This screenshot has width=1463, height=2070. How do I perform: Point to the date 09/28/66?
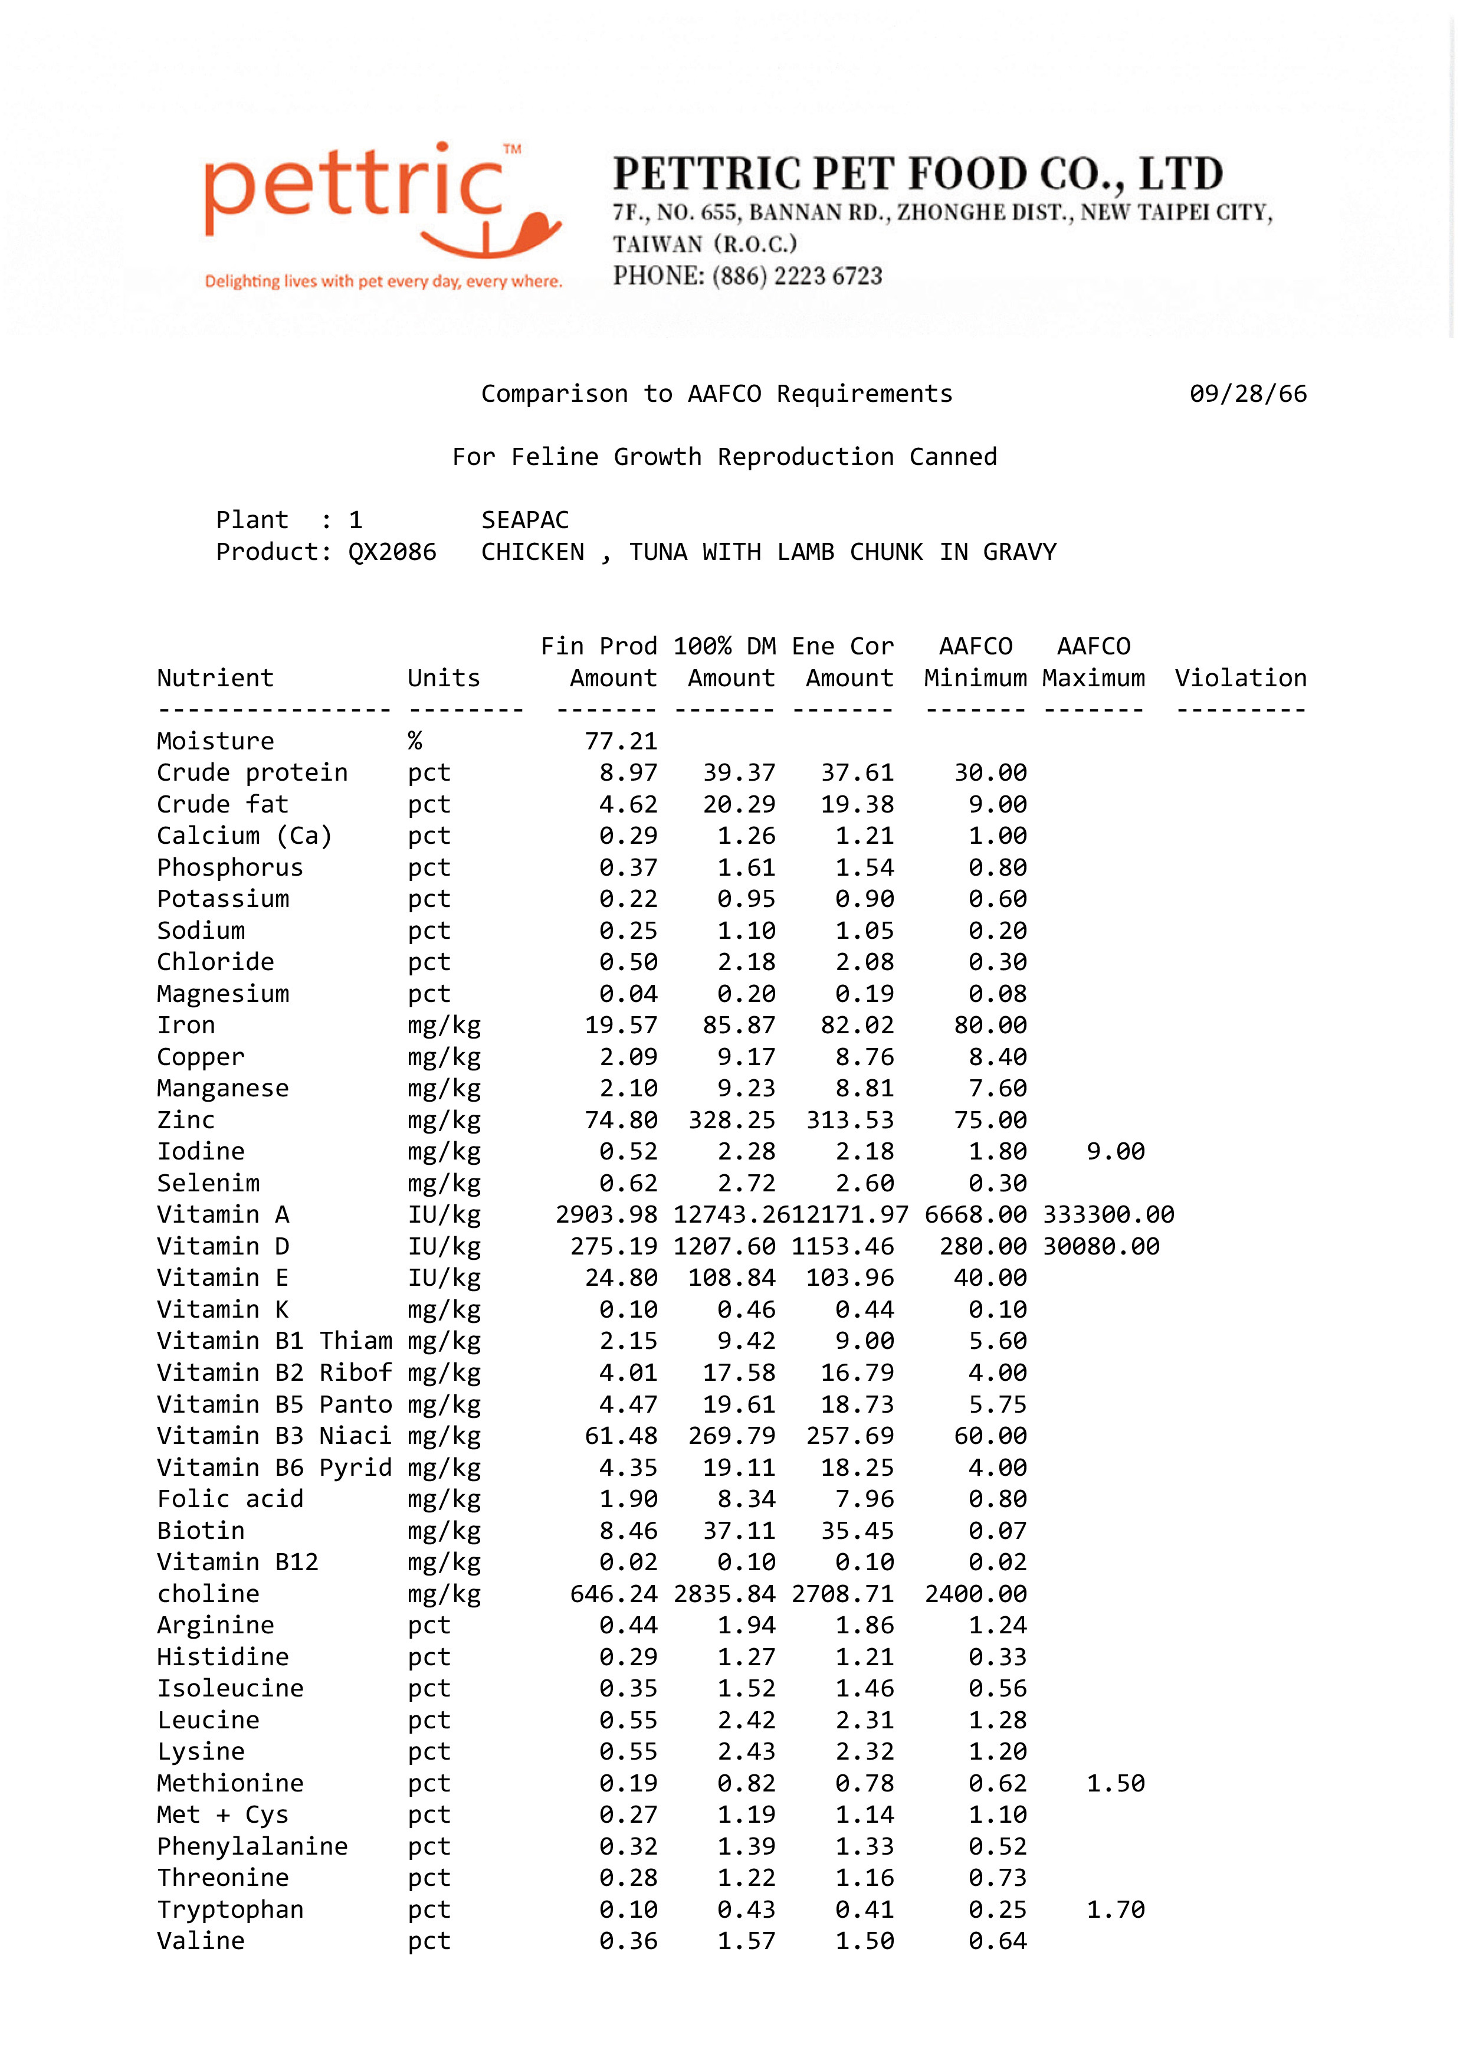[x=1248, y=394]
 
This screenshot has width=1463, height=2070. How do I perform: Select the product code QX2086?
[x=392, y=552]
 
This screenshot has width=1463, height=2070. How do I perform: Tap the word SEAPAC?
[x=524, y=520]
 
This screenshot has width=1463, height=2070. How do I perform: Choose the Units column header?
[x=444, y=678]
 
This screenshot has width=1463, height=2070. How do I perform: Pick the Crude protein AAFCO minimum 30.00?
[x=990, y=772]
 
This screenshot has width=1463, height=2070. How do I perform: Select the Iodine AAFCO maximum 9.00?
[x=1115, y=1151]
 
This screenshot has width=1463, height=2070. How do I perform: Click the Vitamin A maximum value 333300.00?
[x=1108, y=1214]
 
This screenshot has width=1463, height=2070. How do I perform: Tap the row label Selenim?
[x=208, y=1183]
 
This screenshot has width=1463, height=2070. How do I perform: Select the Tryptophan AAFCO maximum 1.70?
[x=1115, y=1909]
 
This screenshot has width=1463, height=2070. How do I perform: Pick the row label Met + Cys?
[x=222, y=1815]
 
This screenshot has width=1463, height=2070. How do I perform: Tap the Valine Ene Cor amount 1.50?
[x=864, y=1941]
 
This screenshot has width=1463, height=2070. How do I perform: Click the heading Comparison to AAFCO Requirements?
[x=717, y=394]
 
